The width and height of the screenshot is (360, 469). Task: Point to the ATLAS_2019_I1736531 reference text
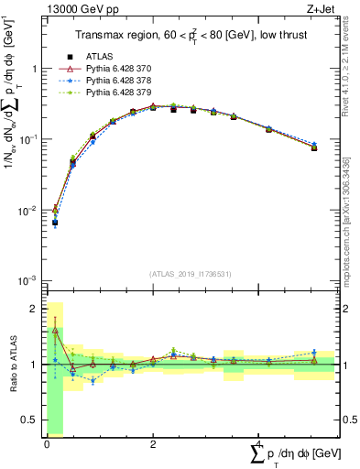(191, 274)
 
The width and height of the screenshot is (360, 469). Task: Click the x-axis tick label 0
(47, 443)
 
